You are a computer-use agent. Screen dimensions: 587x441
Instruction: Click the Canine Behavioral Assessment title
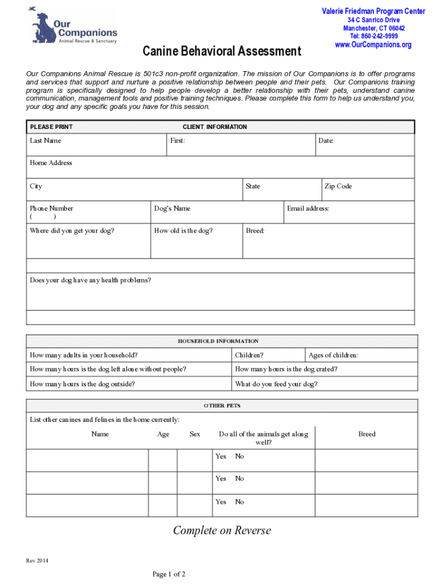pos(221,52)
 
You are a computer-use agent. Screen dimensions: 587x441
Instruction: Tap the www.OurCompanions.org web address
pos(373,45)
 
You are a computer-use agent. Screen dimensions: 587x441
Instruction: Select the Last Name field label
pos(45,141)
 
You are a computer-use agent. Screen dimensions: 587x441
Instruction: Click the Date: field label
pos(325,141)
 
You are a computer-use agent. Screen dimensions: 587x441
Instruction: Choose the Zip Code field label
pos(338,186)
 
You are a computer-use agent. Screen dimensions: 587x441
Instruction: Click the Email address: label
pos(308,209)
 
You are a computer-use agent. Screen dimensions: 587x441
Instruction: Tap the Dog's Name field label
pos(172,209)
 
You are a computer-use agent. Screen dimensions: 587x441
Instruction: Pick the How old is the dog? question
pos(183,231)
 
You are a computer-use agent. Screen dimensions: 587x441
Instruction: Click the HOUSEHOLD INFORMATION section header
pos(218,341)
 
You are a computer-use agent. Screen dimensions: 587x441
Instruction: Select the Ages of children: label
pos(333,355)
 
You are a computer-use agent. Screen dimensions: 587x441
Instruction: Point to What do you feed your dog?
pos(276,384)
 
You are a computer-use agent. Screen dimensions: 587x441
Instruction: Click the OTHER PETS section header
pos(222,406)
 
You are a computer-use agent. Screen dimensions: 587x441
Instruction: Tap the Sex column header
pos(195,434)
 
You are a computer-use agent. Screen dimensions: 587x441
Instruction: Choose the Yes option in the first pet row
pos(220,456)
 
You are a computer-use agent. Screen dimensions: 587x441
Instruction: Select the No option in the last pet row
pos(239,502)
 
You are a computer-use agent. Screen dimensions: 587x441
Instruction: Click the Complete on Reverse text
pos(222,530)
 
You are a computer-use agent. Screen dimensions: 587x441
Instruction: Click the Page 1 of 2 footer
pos(169,574)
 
